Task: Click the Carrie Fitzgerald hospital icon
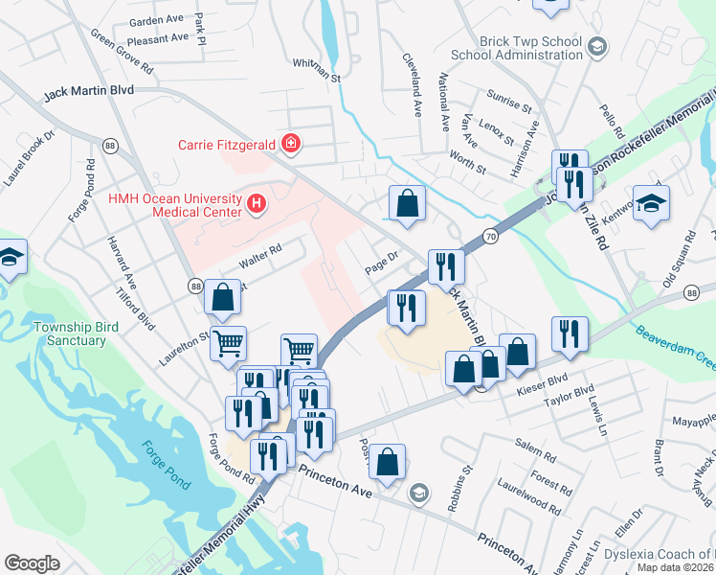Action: [291, 146]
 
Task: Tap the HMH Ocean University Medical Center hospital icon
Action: [257, 203]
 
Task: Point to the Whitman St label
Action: [318, 70]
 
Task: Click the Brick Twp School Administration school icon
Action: [596, 46]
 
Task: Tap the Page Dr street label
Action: [381, 263]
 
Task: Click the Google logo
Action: [32, 563]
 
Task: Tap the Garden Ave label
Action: [156, 20]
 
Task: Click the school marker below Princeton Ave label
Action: [418, 494]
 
